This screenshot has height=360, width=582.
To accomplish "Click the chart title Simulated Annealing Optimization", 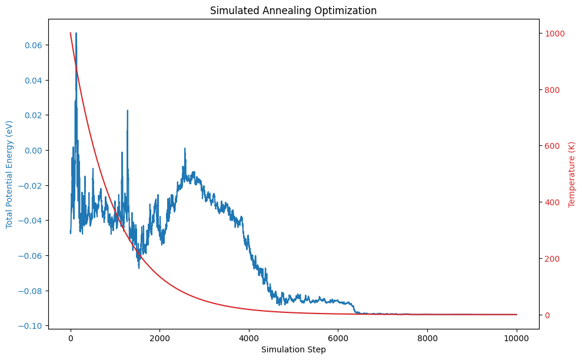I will click(x=293, y=11).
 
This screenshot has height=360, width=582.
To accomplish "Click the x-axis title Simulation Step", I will click(x=293, y=349).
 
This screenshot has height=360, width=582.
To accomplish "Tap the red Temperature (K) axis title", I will click(x=571, y=174).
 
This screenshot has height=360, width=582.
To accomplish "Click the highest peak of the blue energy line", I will click(x=76, y=34).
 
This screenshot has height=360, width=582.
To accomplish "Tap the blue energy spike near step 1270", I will click(x=127, y=110).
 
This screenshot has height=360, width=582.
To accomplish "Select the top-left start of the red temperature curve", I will click(x=71, y=34).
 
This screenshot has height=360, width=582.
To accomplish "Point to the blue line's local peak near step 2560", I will click(x=185, y=148).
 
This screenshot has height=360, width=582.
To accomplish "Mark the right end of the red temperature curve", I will click(x=516, y=314).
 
